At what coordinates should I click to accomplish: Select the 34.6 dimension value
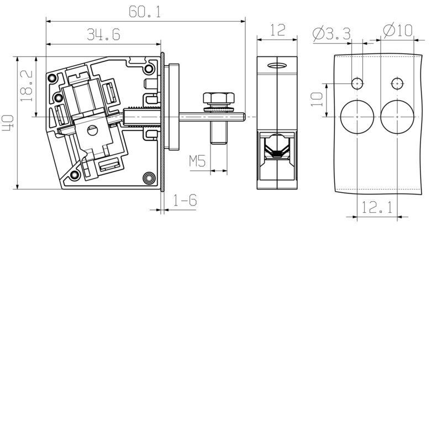103,35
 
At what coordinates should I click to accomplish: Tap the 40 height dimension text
8,122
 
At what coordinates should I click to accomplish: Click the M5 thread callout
197,162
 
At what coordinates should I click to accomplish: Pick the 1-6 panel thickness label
185,201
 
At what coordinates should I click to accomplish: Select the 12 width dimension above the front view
278,30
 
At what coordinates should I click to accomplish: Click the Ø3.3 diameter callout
331,33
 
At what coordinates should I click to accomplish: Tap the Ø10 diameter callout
397,30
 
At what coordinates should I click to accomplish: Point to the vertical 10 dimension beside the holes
317,99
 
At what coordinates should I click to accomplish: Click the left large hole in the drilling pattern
357,117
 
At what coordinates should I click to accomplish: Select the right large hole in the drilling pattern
397,117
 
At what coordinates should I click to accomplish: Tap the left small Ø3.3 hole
357,83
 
